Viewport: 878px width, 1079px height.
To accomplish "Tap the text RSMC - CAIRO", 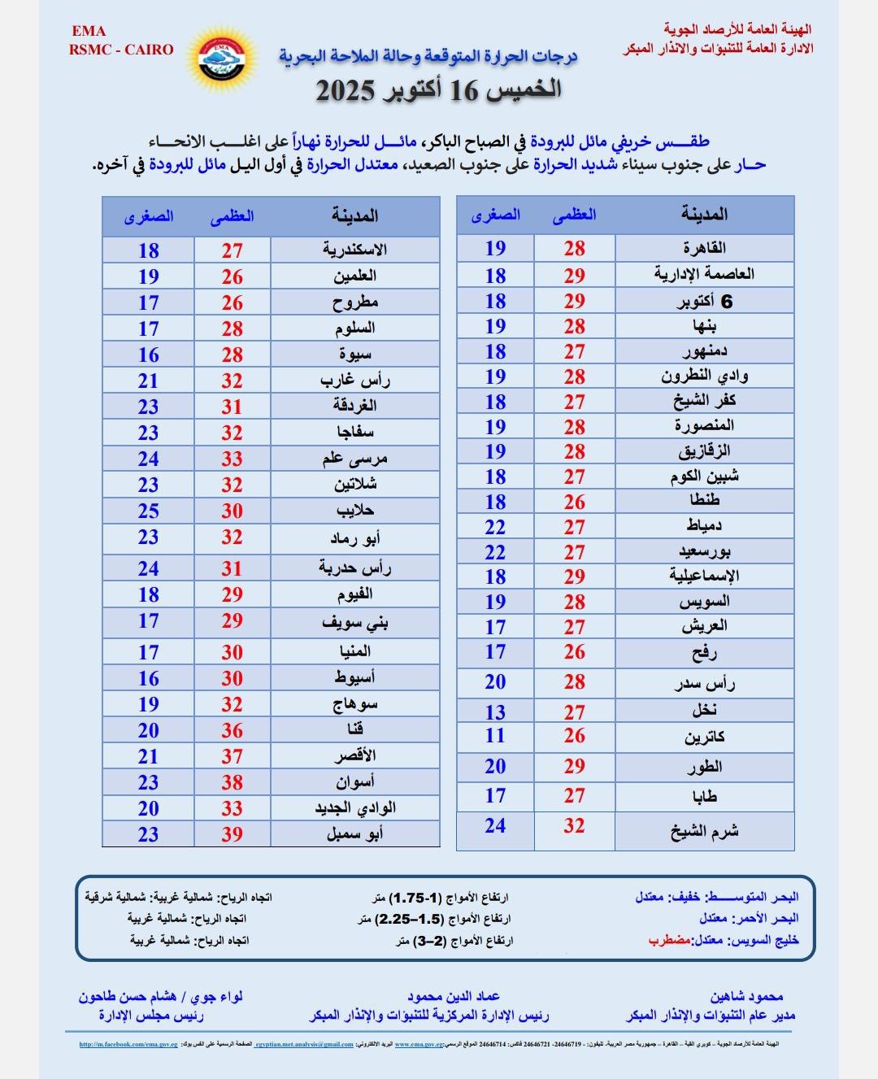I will click(x=122, y=49).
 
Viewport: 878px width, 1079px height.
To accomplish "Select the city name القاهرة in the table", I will click(x=705, y=248).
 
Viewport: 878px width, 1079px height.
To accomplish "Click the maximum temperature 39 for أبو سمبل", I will click(x=233, y=834).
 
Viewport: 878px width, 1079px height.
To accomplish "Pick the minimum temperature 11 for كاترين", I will click(x=495, y=736).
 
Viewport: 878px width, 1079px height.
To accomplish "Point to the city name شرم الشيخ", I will click(x=705, y=831).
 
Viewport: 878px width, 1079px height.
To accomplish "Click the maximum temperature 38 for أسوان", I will click(x=233, y=782).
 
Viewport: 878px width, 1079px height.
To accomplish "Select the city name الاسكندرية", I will click(x=355, y=250).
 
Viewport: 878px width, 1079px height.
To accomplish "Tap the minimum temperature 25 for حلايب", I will click(x=148, y=511).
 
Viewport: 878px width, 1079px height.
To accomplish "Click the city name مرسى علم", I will click(x=355, y=459).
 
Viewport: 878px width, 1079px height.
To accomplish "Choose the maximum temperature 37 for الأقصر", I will click(x=233, y=756).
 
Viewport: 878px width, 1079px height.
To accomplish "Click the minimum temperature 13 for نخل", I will click(x=495, y=712).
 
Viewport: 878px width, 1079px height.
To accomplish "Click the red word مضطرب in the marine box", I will click(x=669, y=940).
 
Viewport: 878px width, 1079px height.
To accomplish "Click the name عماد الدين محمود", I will click(x=454, y=996).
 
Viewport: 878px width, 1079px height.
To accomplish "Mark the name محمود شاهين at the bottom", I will click(x=745, y=996).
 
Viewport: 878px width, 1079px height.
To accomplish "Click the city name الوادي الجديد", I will click(x=355, y=808).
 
